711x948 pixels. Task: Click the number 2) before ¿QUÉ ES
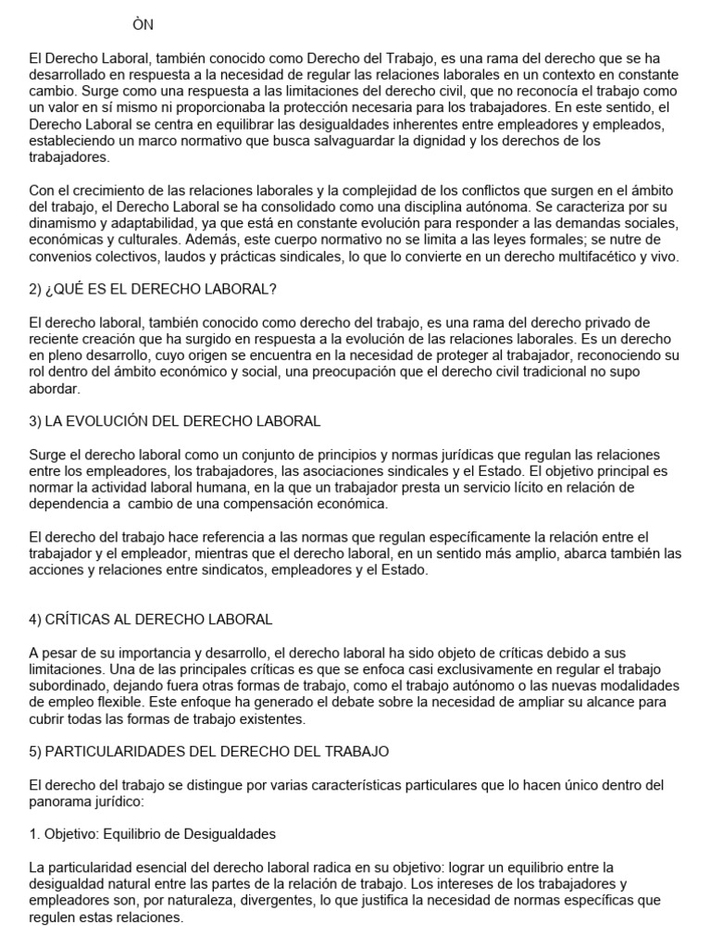click(x=36, y=289)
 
